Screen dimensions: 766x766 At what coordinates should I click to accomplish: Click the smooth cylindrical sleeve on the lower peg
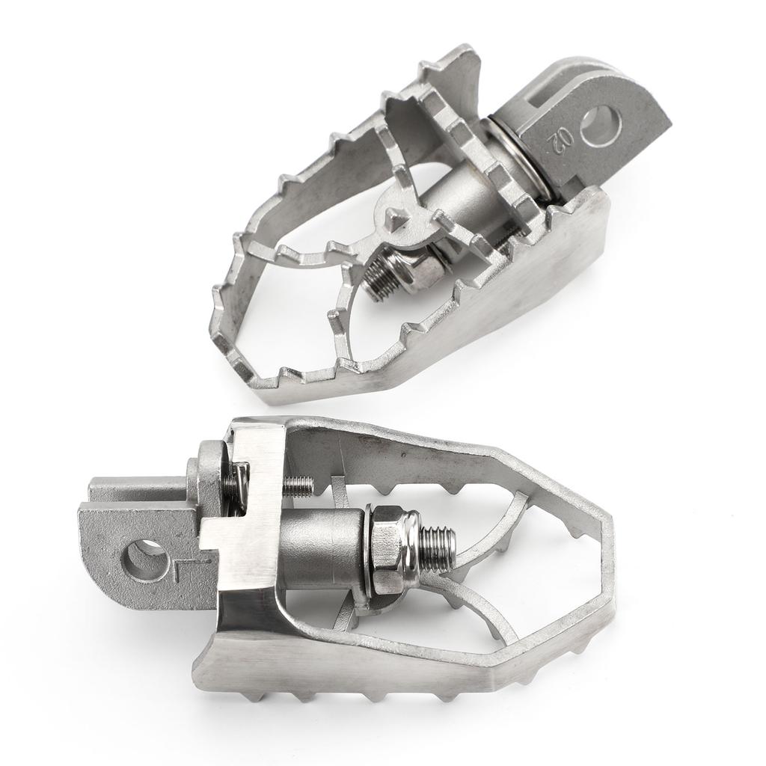pos(322,549)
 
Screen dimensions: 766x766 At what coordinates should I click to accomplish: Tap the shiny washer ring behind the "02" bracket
pos(524,157)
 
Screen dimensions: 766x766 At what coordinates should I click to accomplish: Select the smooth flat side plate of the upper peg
pos(524,292)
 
